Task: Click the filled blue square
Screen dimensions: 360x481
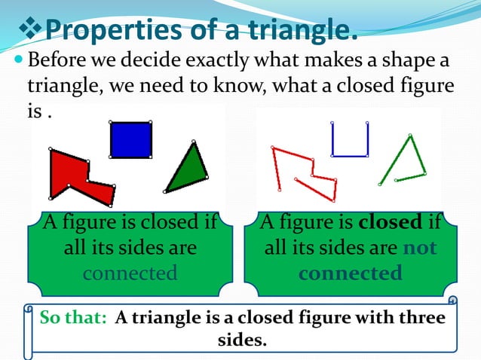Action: pyautogui.click(x=131, y=139)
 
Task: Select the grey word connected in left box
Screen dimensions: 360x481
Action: pyautogui.click(x=130, y=272)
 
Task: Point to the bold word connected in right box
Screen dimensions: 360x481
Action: pyautogui.click(x=350, y=272)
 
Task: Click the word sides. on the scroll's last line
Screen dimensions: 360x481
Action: pyautogui.click(x=242, y=340)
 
